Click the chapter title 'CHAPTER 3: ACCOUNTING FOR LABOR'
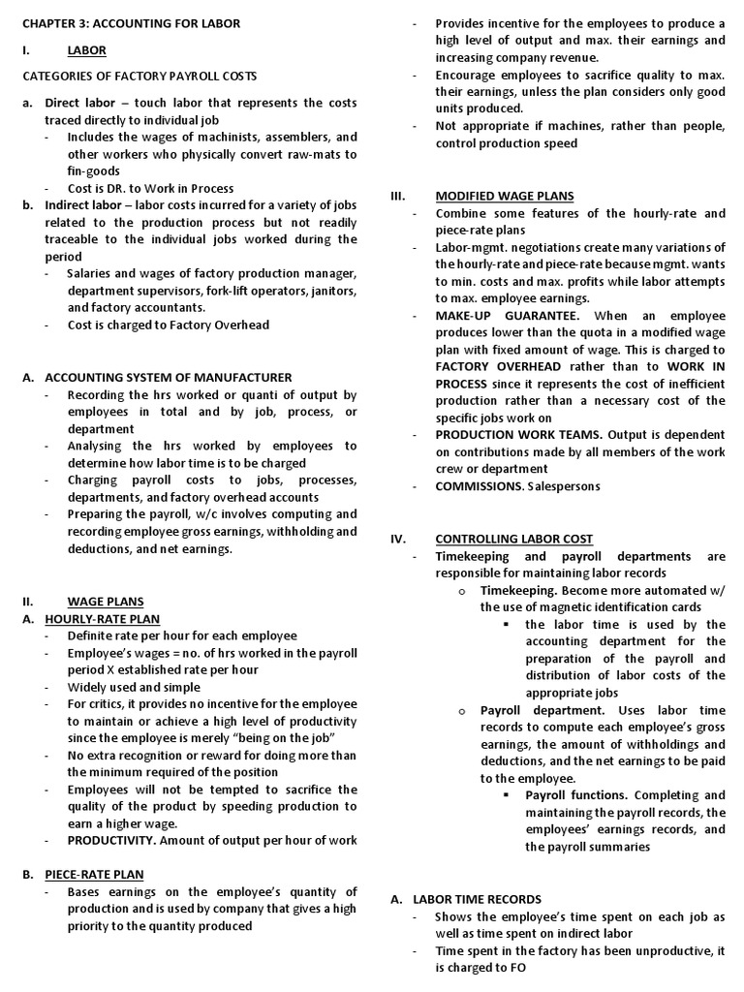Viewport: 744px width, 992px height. click(x=132, y=23)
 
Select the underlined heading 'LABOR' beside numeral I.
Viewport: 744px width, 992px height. click(x=87, y=50)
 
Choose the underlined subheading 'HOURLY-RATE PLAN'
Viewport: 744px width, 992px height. click(x=103, y=618)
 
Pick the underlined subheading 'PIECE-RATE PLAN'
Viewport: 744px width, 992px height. click(x=97, y=874)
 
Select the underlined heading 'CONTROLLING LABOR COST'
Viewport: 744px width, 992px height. click(x=514, y=539)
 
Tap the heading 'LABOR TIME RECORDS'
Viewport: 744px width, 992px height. click(x=478, y=899)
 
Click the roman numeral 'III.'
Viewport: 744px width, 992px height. click(x=397, y=196)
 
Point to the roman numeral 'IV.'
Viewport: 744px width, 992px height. click(x=398, y=539)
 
